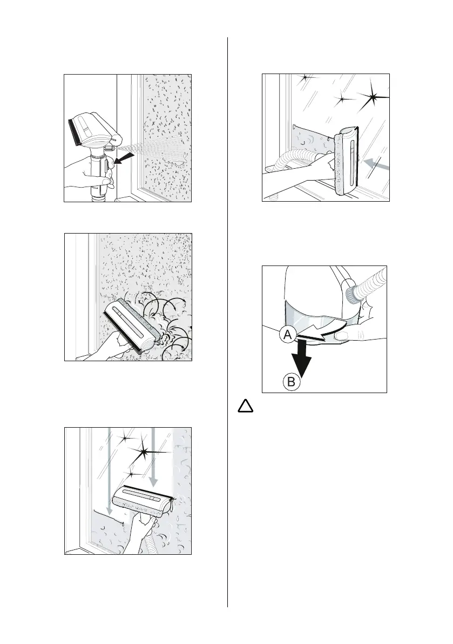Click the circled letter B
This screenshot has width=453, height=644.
(290, 382)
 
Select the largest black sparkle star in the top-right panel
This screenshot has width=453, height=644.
(374, 98)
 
